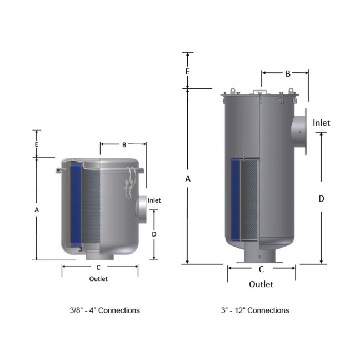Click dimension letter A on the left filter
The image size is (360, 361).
click(37, 210)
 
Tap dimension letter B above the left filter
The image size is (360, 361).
click(124, 145)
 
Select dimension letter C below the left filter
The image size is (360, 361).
click(98, 268)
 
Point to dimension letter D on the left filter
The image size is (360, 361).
click(154, 234)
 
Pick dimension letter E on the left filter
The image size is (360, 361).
click(37, 144)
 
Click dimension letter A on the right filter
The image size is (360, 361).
click(188, 178)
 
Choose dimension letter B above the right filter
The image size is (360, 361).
click(288, 74)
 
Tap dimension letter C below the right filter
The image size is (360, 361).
click(261, 269)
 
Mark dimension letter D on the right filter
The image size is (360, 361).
click(321, 199)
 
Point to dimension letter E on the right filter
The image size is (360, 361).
click(188, 72)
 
